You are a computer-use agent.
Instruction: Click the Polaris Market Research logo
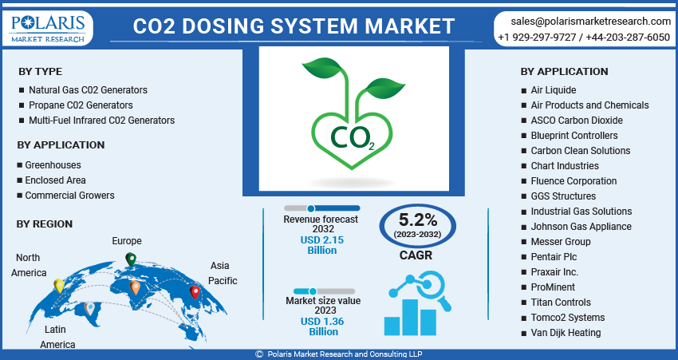pyautogui.click(x=49, y=26)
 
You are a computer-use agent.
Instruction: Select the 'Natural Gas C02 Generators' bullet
pyautogui.click(x=88, y=90)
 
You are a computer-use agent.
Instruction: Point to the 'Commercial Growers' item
pyautogui.click(x=69, y=196)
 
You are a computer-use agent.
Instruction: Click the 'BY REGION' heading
pyautogui.click(x=45, y=224)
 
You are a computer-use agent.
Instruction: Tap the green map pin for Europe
pyautogui.click(x=131, y=259)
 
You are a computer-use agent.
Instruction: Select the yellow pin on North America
pyautogui.click(x=59, y=285)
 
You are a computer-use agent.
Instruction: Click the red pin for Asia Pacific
pyautogui.click(x=195, y=293)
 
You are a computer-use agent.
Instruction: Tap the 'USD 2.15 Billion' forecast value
pyautogui.click(x=322, y=245)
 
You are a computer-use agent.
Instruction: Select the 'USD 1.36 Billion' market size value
pyautogui.click(x=323, y=326)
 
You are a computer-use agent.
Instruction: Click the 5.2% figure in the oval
pyautogui.click(x=418, y=219)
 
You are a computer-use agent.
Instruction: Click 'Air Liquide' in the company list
pyautogui.click(x=553, y=90)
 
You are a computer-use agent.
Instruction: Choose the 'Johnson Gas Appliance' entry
pyautogui.click(x=581, y=227)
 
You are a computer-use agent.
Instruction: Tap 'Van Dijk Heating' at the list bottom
pyautogui.click(x=566, y=333)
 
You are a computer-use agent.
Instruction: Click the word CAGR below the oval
pyautogui.click(x=416, y=256)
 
